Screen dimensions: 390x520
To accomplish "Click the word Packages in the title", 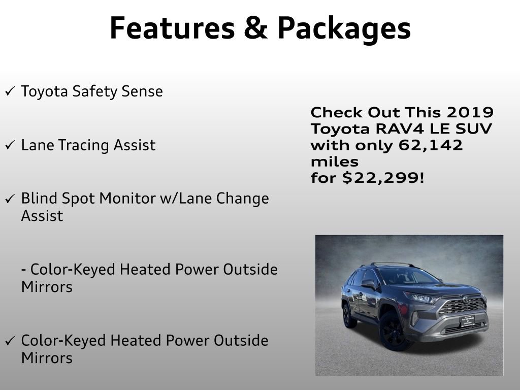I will [344, 28].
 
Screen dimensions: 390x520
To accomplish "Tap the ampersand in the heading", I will [255, 28].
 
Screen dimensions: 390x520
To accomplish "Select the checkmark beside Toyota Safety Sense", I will [10, 92].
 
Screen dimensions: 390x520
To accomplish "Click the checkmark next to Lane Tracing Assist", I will [10, 145].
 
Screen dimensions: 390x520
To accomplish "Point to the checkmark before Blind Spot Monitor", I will [10, 199].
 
